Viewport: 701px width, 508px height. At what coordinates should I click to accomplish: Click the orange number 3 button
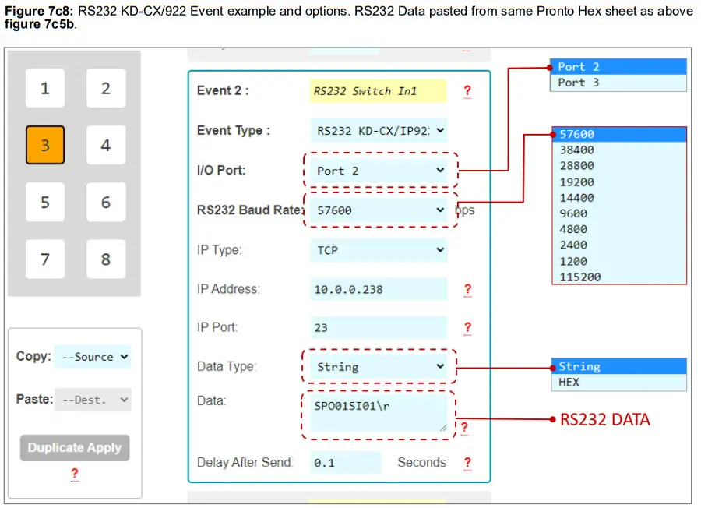pos(45,145)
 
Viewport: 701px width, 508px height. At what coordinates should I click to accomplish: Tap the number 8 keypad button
pos(106,259)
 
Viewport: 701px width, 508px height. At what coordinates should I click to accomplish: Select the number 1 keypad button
pos(45,88)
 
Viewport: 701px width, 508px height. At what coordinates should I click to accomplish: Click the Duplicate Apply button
pos(75,447)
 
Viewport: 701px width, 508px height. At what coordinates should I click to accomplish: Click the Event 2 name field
pos(378,91)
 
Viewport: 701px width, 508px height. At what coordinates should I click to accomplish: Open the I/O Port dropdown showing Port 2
pos(379,171)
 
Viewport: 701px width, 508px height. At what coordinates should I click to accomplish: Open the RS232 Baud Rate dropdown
pos(379,210)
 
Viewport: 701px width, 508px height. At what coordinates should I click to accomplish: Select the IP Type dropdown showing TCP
pos(379,250)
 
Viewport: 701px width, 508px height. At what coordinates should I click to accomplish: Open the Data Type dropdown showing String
pos(379,367)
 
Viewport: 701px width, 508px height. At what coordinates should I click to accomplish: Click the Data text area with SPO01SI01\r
pos(378,412)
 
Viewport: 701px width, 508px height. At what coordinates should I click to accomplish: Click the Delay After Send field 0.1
pos(345,463)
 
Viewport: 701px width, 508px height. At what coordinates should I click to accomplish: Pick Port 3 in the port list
pos(618,83)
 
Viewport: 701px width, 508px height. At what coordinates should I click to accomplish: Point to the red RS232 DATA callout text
pos(604,420)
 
